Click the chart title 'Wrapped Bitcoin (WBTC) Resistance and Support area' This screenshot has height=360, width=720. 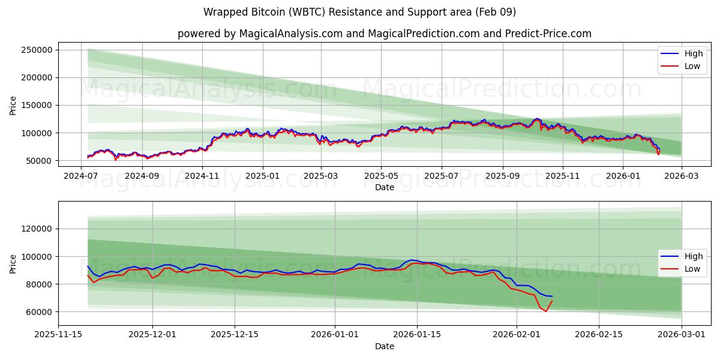[x=359, y=12]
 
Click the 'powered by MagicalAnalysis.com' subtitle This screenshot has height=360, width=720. [x=384, y=34]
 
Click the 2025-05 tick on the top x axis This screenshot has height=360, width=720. [x=381, y=176]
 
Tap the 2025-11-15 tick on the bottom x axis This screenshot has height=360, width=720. [x=58, y=334]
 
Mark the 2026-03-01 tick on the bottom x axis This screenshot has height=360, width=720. [x=682, y=334]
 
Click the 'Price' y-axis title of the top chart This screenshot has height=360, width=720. [x=13, y=105]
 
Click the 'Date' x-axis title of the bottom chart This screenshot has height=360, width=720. [x=384, y=346]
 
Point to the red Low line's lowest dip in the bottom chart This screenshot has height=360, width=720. [x=545, y=311]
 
